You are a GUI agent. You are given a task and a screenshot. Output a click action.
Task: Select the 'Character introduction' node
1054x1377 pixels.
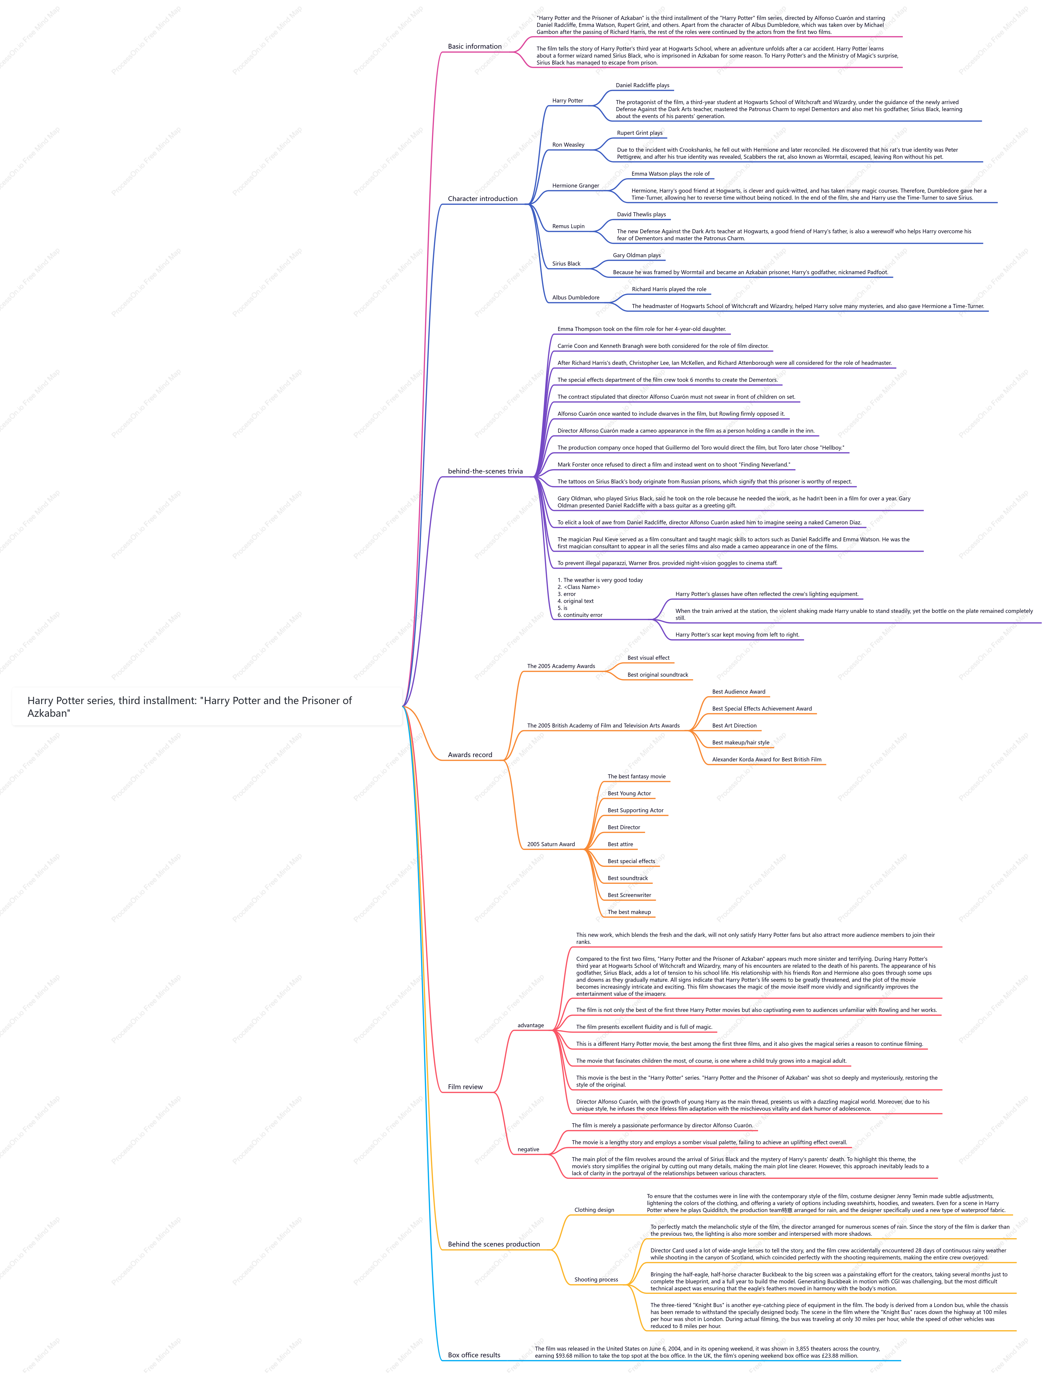point(482,199)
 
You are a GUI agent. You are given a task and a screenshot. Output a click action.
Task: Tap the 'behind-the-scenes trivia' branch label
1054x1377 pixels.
point(485,471)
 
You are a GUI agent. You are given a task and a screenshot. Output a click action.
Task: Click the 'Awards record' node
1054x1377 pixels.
point(470,755)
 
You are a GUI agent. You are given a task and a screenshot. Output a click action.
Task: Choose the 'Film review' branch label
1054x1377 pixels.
point(465,1086)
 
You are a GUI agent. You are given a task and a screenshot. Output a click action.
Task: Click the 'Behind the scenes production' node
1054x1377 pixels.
point(494,1244)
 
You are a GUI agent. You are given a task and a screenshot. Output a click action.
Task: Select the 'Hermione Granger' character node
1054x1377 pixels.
point(575,186)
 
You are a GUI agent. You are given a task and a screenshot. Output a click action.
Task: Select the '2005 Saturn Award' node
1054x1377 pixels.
point(551,844)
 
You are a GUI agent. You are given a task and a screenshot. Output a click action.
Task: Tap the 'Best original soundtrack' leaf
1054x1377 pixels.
point(657,675)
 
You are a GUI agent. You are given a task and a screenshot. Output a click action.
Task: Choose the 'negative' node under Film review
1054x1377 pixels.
point(528,1149)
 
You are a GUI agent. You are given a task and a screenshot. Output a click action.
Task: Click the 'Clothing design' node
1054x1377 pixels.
point(594,1209)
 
